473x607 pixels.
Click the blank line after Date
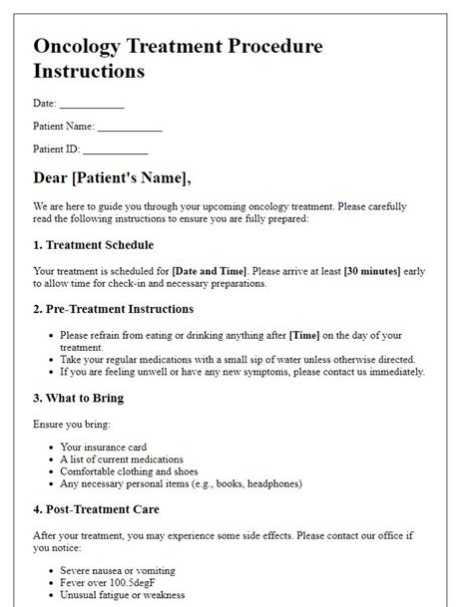[x=92, y=103]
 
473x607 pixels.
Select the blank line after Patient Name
[x=130, y=128]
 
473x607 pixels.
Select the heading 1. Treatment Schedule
[x=93, y=244]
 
